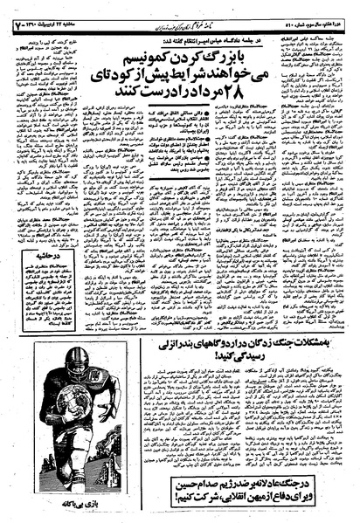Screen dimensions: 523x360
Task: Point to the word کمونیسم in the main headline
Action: coord(132,47)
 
